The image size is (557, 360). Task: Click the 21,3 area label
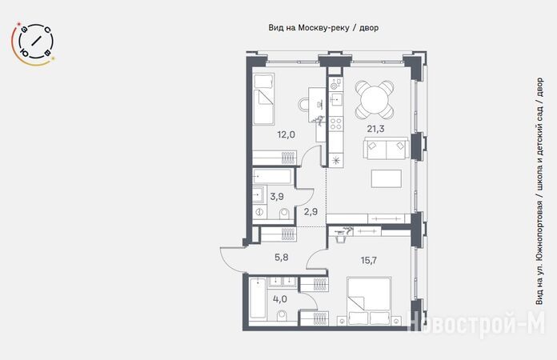(375, 129)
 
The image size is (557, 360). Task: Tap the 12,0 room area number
(287, 134)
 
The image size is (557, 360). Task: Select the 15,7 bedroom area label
(369, 261)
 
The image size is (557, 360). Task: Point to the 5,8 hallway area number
(282, 258)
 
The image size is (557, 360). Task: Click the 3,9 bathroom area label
(277, 196)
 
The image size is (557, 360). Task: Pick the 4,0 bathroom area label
(280, 299)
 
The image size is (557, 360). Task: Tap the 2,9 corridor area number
(311, 212)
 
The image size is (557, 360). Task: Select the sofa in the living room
(386, 150)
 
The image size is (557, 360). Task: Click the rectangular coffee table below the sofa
(387, 178)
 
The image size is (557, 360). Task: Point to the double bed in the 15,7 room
(370, 301)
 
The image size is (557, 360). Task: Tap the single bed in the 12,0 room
(263, 99)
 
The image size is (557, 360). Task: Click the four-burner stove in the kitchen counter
(335, 123)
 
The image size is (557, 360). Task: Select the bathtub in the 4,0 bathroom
(258, 298)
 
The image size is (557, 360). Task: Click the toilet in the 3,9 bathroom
(285, 214)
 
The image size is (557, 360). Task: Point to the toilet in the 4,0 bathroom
(283, 315)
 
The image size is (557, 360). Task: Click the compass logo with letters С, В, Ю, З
(34, 43)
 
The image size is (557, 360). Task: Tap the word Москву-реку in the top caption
(323, 28)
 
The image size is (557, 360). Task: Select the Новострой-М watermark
(477, 323)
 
